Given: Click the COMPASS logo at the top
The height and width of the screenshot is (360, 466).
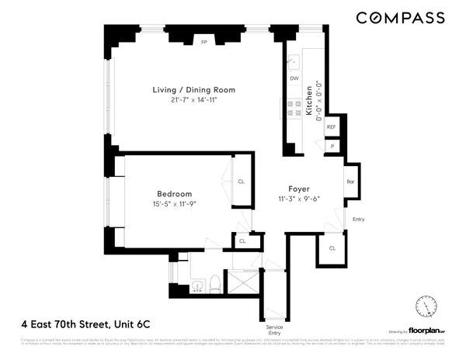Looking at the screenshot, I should [400, 17].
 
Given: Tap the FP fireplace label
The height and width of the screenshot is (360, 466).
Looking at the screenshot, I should [205, 42].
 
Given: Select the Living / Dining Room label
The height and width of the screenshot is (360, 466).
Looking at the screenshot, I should [193, 91].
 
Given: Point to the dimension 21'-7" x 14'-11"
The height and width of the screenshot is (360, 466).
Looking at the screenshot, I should [193, 101].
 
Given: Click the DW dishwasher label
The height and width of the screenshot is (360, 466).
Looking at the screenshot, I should [294, 78].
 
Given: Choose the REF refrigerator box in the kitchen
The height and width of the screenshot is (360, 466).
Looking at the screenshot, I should [331, 126].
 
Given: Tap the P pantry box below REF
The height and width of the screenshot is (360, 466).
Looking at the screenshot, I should [332, 146].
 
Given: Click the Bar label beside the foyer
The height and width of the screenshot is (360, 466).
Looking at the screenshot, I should [350, 182].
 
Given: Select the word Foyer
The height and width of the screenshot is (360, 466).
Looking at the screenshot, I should [299, 188].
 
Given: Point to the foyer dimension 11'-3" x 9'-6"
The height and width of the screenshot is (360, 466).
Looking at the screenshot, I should [299, 198].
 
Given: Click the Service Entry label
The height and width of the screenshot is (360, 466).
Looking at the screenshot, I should [274, 330].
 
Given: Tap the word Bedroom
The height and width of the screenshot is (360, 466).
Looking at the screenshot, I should [174, 194].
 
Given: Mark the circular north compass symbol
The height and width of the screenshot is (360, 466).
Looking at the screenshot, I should [426, 306].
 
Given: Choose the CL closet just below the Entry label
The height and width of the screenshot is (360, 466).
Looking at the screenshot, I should [332, 248].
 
